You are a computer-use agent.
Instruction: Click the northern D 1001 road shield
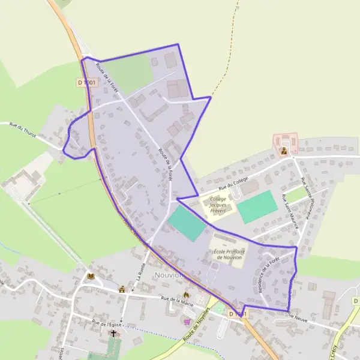(x=86, y=82)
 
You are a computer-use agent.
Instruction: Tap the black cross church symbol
(x=113, y=332)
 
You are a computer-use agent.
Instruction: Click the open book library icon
(x=91, y=276)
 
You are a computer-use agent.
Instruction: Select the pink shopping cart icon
(x=188, y=321)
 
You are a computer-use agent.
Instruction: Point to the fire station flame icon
(x=185, y=295)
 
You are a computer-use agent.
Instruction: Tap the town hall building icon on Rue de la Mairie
(x=122, y=289)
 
